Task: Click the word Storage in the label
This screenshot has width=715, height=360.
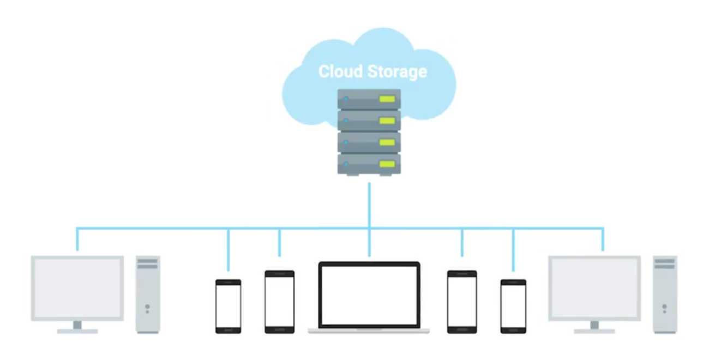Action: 397,71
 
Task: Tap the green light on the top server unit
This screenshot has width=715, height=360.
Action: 387,99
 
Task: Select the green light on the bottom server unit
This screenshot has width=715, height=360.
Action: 387,163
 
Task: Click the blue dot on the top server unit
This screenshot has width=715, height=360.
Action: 346,99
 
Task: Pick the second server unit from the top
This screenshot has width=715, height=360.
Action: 369,121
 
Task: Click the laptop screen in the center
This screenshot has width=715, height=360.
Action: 369,295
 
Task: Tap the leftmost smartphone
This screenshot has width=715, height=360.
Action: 228,305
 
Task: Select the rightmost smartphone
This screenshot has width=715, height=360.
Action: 513,305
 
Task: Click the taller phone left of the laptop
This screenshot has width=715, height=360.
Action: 279,301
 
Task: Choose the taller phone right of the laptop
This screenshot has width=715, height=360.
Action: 462,301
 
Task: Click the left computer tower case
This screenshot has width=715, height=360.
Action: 148,295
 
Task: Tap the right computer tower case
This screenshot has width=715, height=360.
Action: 665,295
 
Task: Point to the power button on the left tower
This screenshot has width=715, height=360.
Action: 147,307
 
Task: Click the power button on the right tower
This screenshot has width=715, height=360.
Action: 664,307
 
